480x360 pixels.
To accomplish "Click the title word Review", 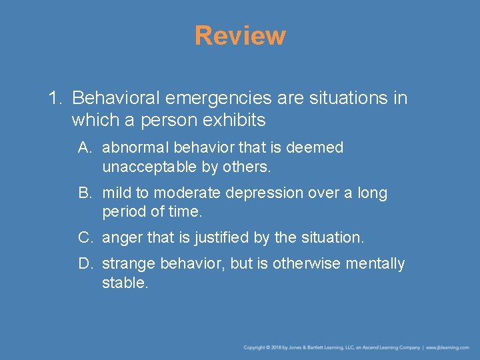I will point(240,35).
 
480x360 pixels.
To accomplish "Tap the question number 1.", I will point(53,99).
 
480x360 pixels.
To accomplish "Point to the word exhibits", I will point(235,121).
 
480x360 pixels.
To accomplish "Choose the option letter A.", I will point(84,147).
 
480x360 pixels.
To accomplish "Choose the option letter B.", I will point(84,193).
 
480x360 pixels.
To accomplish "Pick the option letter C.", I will point(84,237).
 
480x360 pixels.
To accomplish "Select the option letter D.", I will point(84,264).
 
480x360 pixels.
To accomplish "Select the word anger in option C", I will point(121,237).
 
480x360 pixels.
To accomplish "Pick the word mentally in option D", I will point(375,264).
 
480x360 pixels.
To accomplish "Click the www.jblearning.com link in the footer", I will point(448,347).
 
